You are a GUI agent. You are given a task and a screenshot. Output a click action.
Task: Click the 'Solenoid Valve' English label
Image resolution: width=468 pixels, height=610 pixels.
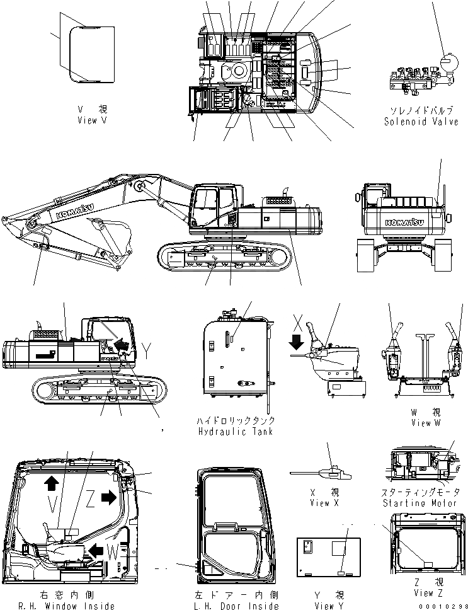pos(421,122)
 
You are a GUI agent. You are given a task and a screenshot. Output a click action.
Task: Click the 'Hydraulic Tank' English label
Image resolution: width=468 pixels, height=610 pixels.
pos(236,432)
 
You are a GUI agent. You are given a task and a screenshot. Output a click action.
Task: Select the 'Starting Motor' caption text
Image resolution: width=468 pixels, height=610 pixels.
pos(421,503)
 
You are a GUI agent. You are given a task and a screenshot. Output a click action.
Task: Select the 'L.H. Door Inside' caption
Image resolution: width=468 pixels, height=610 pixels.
pos(237,606)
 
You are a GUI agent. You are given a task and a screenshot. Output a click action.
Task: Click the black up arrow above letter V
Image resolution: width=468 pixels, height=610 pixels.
pos(51,483)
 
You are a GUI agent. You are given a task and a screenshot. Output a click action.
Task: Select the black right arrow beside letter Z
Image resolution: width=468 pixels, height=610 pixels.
pos(108,497)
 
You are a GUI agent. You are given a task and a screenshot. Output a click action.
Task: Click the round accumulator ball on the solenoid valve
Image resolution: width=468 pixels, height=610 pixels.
pos(448,64)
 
